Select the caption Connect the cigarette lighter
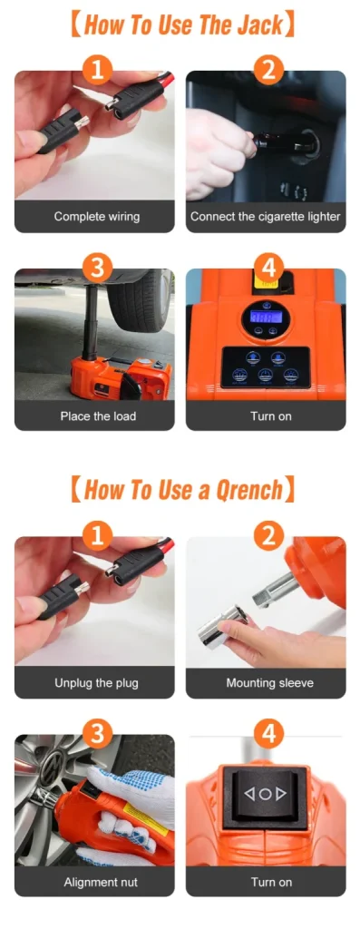coord(266,216)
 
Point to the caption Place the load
coord(98,416)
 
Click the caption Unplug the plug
coord(96,682)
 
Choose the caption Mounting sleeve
coord(269,682)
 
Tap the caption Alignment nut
coord(100,882)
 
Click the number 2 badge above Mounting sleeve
coord(268,537)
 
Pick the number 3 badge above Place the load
coord(98,269)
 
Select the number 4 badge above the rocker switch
coord(268,735)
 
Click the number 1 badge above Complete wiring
coord(98,71)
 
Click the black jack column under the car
coord(92,324)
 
